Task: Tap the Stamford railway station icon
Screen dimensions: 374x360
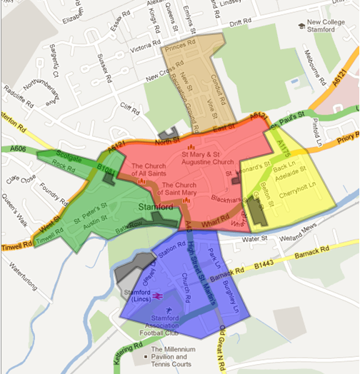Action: click(155, 294)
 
